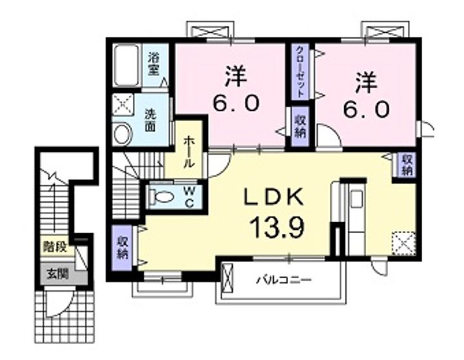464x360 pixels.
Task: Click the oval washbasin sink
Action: coord(122,133)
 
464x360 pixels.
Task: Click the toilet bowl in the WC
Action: coord(160,196)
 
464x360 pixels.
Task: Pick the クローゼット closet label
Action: coord(300,71)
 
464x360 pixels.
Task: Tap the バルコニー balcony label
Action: coord(284,281)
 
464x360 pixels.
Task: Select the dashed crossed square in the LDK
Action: coord(403,244)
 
